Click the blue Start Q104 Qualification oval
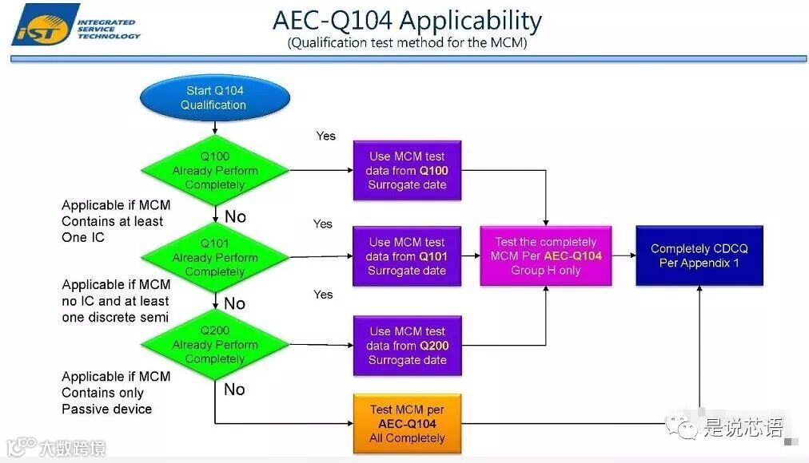[213, 98]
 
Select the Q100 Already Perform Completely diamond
[215, 170]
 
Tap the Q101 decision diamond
[215, 257]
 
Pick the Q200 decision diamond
[215, 344]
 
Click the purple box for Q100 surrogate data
[408, 171]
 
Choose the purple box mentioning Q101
[408, 256]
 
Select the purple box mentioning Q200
[408, 346]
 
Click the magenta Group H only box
[546, 256]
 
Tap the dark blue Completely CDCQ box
[699, 255]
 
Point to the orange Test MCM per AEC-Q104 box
[407, 424]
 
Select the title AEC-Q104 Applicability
[407, 20]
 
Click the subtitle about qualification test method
[407, 43]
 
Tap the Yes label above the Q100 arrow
[325, 136]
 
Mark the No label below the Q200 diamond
[234, 390]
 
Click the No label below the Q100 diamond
[235, 216]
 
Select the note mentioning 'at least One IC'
[116, 221]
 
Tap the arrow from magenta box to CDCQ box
[624, 256]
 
